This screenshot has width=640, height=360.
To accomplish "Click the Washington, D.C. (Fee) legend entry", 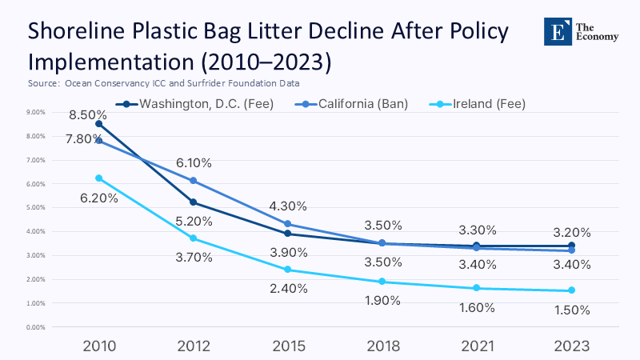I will tap(197, 104).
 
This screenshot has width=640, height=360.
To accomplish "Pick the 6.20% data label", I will tap(98, 198).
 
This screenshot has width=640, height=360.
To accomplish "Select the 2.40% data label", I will tap(288, 289).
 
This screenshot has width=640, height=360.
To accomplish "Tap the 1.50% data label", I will tap(572, 310).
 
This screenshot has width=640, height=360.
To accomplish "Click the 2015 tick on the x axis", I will tap(288, 346).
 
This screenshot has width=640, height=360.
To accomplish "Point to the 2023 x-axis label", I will tap(572, 346).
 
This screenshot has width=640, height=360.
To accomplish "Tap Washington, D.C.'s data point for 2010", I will tap(98, 124).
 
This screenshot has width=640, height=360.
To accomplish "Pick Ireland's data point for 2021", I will tap(477, 288).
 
